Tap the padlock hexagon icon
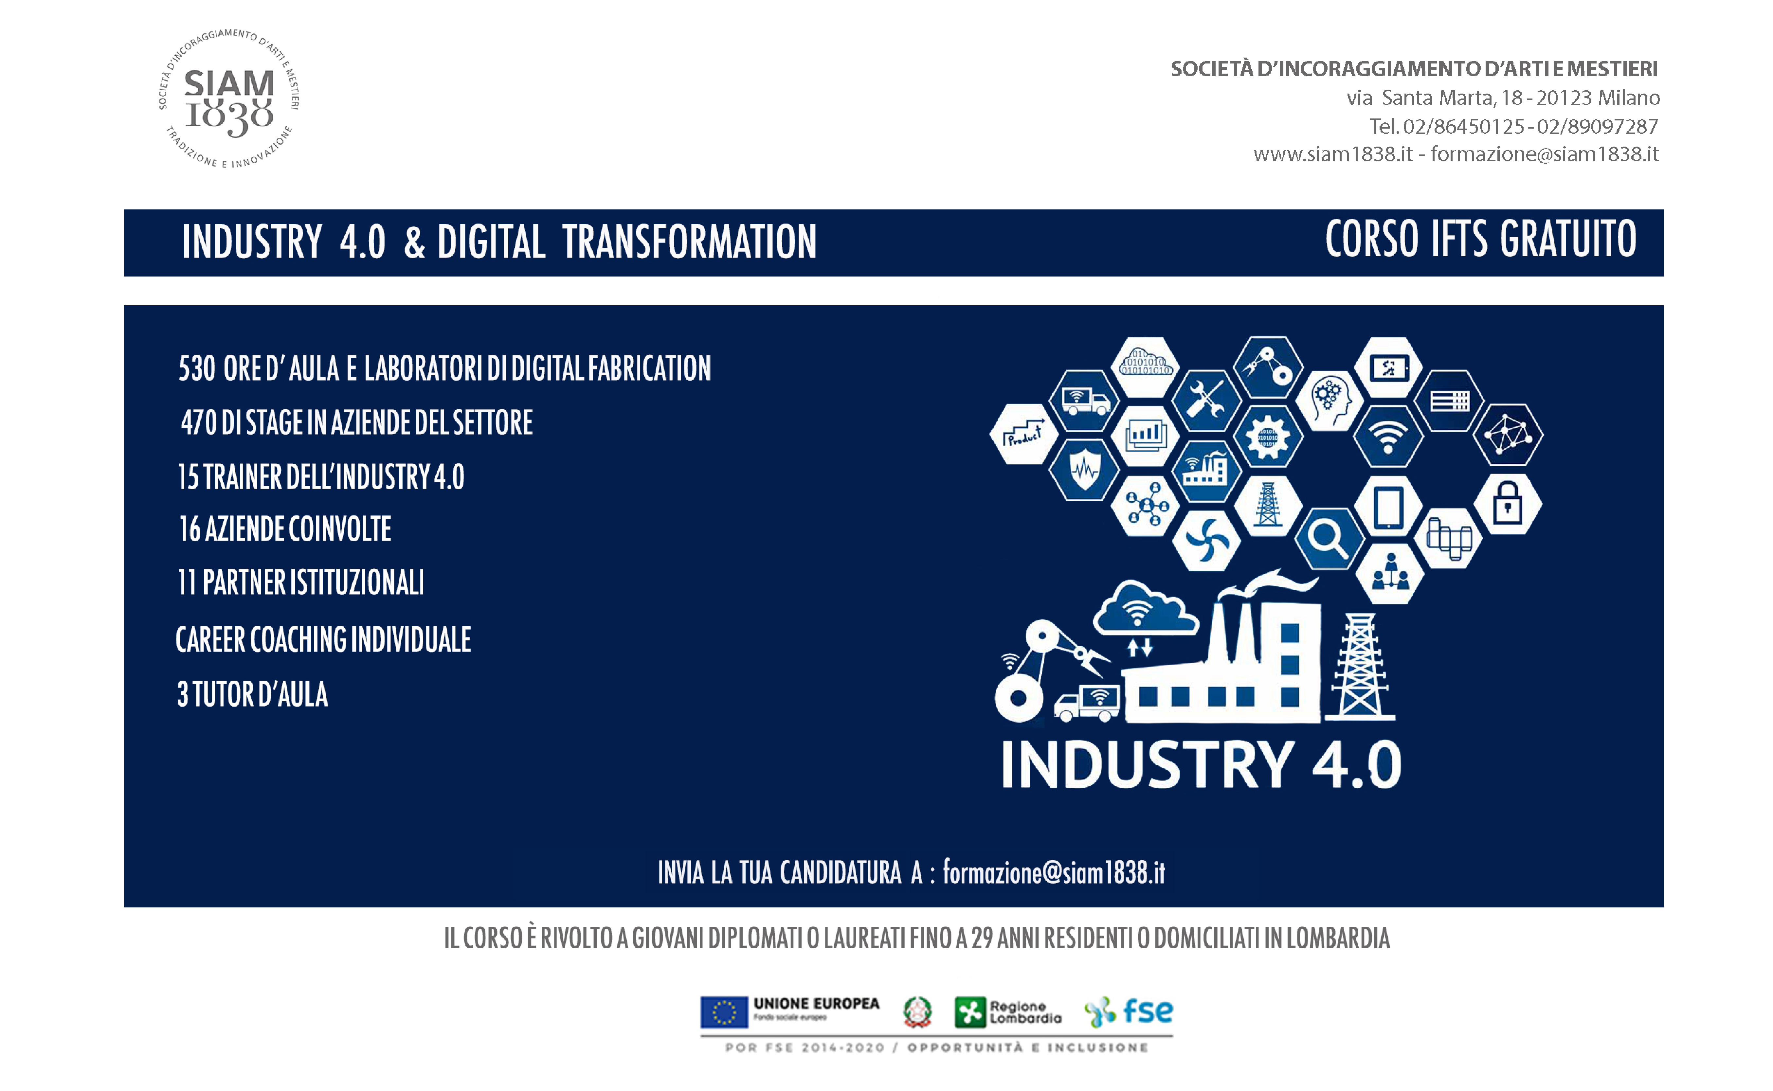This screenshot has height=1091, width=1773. coord(1508,504)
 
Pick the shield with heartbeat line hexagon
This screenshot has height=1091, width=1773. coord(1084,470)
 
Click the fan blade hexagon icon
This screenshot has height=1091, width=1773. coord(1206,540)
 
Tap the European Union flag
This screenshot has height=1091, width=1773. coord(724,1011)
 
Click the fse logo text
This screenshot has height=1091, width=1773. coord(1148,1010)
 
